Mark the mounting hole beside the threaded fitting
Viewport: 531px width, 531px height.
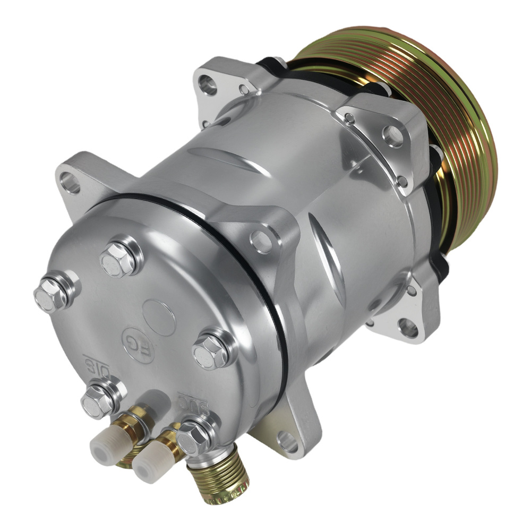287,441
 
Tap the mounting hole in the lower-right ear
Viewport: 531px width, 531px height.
408,328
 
